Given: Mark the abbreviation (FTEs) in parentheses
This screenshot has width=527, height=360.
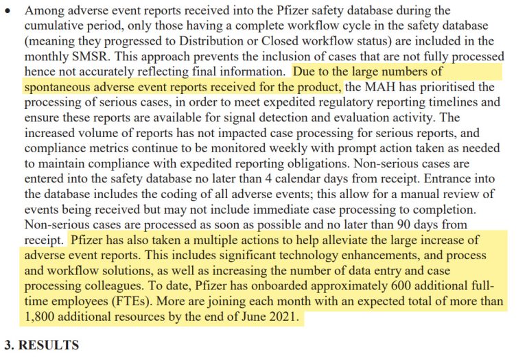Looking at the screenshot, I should (138, 300).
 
